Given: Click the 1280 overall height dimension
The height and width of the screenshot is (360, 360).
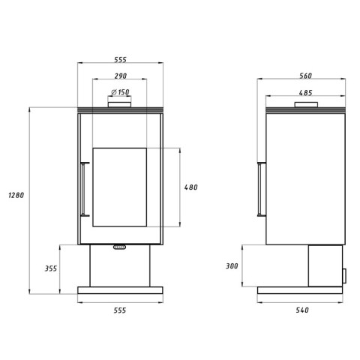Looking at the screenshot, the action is coord(16,195).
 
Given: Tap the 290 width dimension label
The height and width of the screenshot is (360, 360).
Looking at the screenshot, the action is coord(121,76).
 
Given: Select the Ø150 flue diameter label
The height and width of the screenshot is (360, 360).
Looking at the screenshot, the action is coord(120,92).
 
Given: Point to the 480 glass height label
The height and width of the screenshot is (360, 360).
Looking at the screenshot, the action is coord(191,187).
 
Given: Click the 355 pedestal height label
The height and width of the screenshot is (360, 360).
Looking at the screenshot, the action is coord(51,268).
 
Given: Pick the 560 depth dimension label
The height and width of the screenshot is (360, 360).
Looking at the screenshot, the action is coord(305,76).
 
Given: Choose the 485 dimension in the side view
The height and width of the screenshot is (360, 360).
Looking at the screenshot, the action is coord(305,93).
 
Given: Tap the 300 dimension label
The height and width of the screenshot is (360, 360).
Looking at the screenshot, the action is coord(232,266).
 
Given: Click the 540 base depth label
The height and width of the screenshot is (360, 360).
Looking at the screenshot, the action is coord(302,310).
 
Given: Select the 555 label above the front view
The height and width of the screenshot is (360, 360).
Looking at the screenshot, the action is coord(121,60).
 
